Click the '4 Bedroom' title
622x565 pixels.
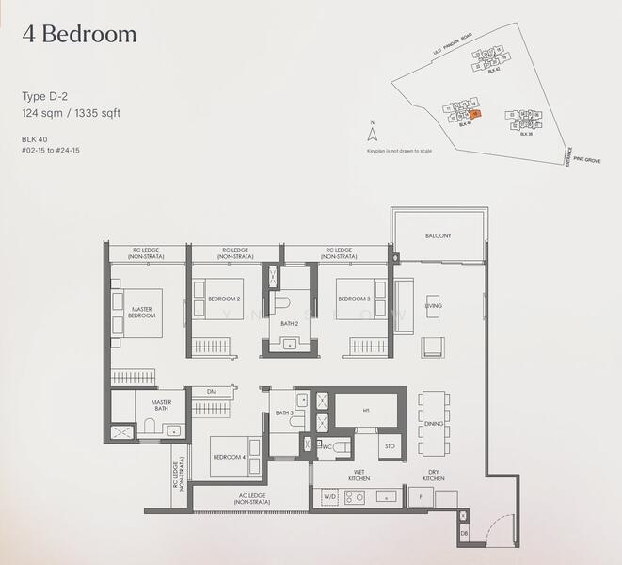tap(80, 35)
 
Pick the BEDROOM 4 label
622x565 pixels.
tap(229, 457)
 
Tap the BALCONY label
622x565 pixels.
tap(438, 236)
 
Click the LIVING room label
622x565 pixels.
tap(433, 306)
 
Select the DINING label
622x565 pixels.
tap(434, 424)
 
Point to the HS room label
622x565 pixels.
tap(365, 410)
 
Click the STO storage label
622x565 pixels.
tap(390, 445)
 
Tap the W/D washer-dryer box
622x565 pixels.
tap(328, 496)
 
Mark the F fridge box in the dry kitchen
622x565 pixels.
tap(419, 497)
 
